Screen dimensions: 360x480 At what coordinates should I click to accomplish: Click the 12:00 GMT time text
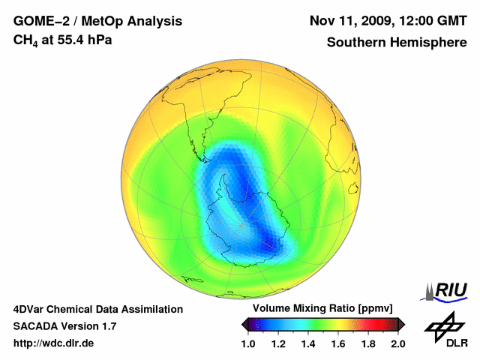pos(438,20)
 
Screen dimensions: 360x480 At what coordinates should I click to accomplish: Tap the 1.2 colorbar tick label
pos(278,343)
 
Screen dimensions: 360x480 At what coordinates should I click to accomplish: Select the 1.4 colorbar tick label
pos(308,343)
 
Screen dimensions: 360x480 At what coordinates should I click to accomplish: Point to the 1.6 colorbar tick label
pos(338,343)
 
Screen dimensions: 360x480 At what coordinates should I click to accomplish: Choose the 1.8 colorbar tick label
pos(368,343)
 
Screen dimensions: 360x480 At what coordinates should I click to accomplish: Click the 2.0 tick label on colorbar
pos(398,343)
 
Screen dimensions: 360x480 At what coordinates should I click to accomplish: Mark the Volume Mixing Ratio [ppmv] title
pos(322,309)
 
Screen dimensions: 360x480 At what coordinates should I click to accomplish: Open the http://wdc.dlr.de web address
pos(54,343)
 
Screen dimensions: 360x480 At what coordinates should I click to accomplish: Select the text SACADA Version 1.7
pos(64,326)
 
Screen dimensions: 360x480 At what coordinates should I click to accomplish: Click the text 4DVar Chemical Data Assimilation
pos(98,309)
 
